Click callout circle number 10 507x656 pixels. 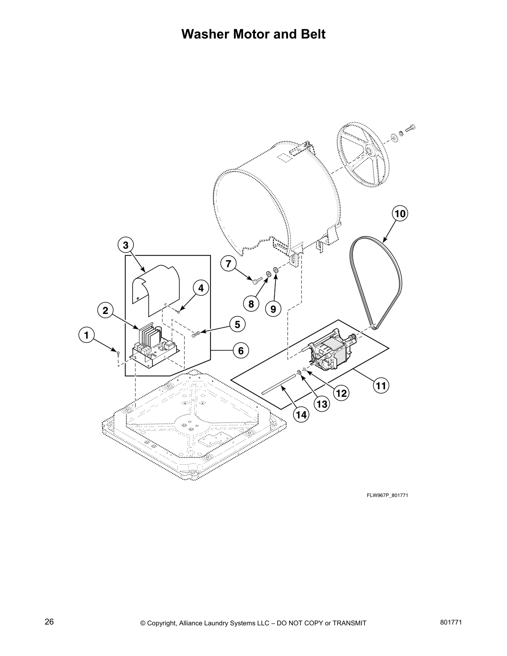pos(400,214)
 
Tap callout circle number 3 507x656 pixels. pos(125,245)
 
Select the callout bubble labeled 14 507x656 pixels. pos(302,414)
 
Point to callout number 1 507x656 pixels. pos(86,335)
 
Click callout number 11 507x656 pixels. pos(381,386)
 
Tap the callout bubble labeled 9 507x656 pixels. pos(273,309)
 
